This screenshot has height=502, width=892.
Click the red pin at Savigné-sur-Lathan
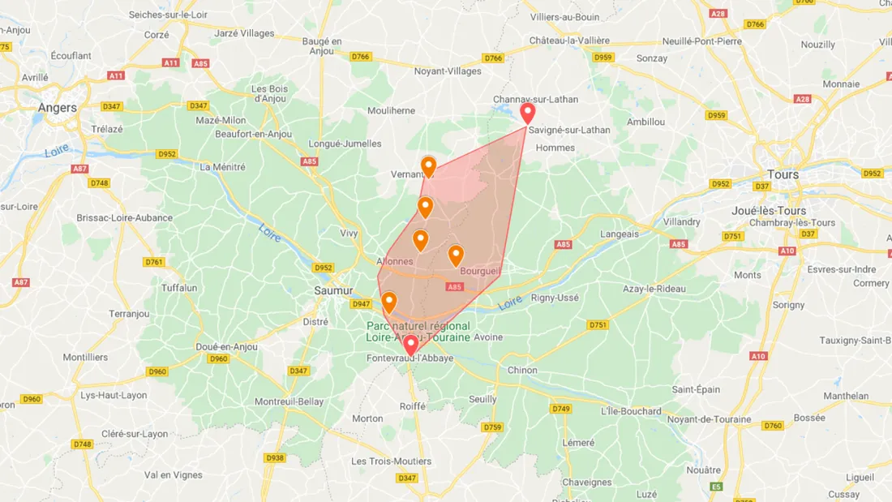tap(528, 112)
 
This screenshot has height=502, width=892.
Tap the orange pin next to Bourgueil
tap(456, 255)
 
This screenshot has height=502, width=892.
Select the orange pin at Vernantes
tap(428, 166)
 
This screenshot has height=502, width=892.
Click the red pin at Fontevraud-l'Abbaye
tap(410, 345)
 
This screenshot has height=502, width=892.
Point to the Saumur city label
tap(333, 290)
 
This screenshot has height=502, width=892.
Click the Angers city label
tap(58, 107)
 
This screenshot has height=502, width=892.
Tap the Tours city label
tap(783, 174)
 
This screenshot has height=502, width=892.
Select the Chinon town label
tap(522, 370)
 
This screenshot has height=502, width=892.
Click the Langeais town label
tap(619, 234)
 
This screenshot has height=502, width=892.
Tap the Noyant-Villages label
tap(448, 71)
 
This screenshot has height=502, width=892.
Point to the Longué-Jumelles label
tap(345, 144)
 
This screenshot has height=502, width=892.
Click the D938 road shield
tap(275, 457)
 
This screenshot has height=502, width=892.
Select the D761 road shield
tap(153, 262)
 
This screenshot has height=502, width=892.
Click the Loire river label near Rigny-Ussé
tap(510, 302)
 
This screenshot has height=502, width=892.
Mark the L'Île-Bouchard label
tap(631, 410)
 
